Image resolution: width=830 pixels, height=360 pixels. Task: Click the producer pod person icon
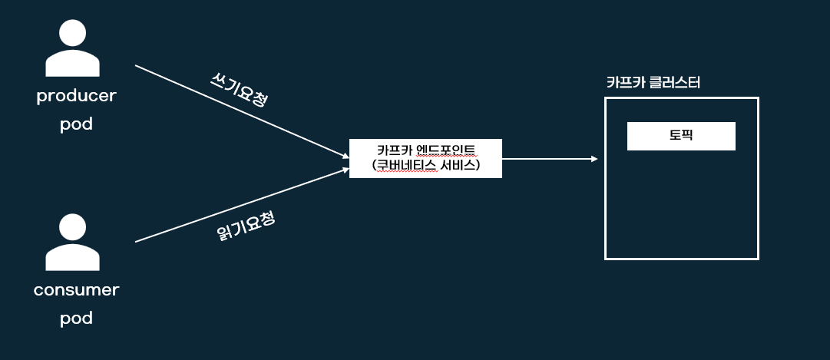73,50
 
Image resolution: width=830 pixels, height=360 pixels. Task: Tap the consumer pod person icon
73,243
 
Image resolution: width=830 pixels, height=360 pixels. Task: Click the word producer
76,97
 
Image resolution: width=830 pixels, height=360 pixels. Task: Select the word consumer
76,290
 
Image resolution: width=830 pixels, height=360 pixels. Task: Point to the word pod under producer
76,123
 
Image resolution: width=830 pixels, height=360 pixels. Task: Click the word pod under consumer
76,317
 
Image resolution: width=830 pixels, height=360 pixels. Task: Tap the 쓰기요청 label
239,91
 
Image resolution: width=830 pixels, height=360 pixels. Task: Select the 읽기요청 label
246,226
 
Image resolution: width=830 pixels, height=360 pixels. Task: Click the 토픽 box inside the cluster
681,136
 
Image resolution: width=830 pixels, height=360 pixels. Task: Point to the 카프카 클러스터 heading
653,83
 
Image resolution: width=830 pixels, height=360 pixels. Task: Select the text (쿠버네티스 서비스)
425,165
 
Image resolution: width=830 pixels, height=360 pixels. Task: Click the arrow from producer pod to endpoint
238,111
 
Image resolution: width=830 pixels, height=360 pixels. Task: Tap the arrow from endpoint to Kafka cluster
549,159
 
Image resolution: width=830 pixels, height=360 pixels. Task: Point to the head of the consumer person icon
73,228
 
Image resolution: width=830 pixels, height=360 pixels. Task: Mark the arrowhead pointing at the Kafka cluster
594,159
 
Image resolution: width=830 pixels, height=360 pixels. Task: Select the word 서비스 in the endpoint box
458,165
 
